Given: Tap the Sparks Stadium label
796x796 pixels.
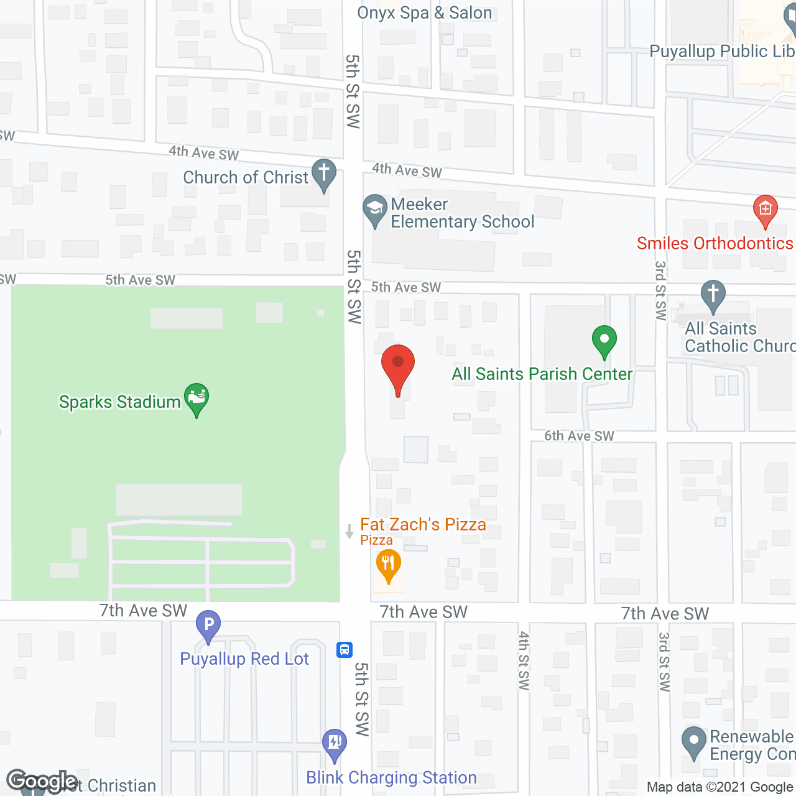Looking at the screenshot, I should [x=119, y=402].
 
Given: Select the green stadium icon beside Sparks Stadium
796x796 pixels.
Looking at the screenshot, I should [x=197, y=398].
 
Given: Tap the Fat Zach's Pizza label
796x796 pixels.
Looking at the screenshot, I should [x=423, y=525].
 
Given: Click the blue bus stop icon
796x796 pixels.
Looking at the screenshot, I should [x=345, y=650].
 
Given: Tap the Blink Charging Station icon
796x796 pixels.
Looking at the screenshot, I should [x=335, y=743].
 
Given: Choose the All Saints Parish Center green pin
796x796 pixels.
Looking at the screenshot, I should [x=604, y=341].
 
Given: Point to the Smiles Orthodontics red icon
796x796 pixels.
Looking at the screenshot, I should [x=766, y=210].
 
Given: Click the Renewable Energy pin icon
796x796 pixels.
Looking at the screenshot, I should [x=694, y=741].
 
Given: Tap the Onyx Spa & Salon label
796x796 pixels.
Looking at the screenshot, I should [x=424, y=13].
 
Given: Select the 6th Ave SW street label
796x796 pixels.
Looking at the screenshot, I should [x=579, y=436].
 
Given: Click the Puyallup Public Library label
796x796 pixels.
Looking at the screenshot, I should [x=721, y=51].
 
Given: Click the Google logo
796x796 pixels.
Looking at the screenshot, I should [x=42, y=780].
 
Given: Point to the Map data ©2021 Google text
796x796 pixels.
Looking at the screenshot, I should [x=720, y=787].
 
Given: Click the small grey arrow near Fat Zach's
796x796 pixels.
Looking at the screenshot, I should [x=349, y=532].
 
